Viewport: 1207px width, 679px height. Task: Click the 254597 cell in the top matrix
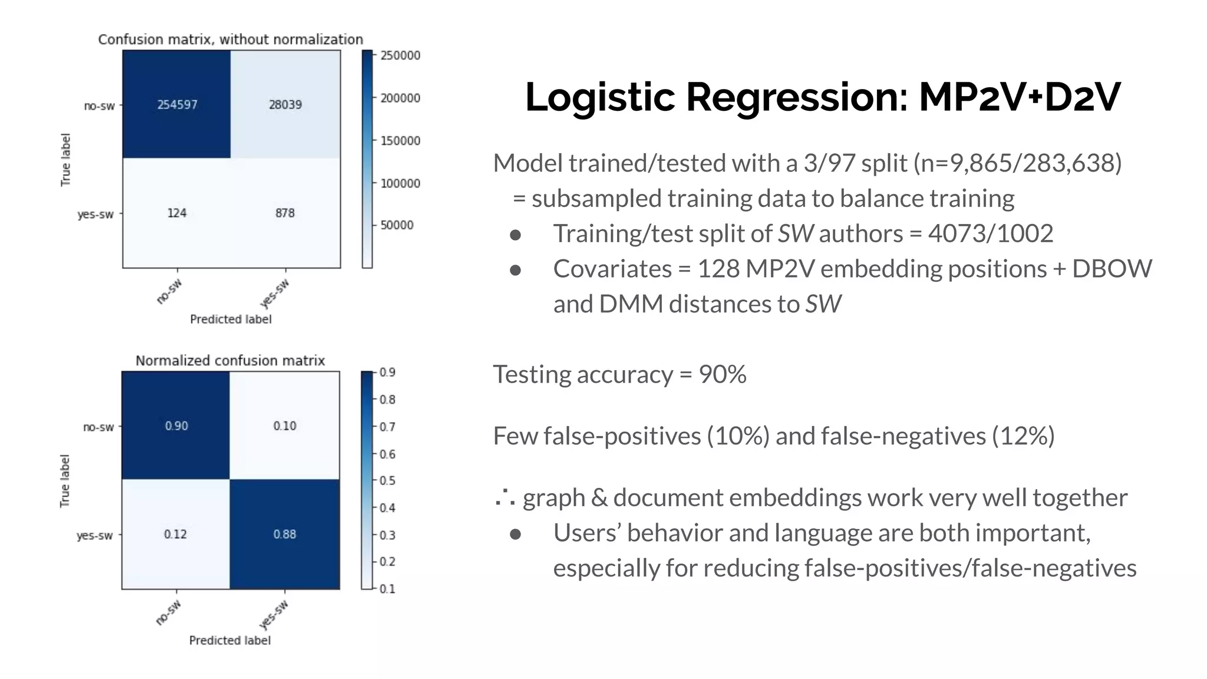(177, 105)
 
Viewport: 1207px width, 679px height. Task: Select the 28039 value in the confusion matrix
(285, 105)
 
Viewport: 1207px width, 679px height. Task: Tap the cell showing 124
(177, 213)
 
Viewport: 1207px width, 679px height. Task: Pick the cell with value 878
(285, 213)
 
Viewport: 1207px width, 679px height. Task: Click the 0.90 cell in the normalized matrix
(176, 426)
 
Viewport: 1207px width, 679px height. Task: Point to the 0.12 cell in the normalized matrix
(175, 534)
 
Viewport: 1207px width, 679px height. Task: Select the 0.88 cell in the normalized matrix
(285, 534)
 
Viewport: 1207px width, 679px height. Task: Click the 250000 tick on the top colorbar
(400, 55)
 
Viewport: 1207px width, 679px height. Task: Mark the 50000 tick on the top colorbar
(397, 225)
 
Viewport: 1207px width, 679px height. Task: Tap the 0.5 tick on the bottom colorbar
(387, 481)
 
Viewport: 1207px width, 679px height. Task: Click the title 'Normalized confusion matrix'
(230, 360)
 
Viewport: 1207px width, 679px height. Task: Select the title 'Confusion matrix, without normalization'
(230, 39)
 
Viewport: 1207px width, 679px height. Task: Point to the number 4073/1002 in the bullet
(990, 233)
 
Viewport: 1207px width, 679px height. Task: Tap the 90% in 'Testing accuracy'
(723, 374)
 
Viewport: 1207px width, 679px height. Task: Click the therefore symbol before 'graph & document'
(505, 499)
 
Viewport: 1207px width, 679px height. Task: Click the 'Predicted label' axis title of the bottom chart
(230, 640)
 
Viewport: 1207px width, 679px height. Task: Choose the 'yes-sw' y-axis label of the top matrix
(95, 214)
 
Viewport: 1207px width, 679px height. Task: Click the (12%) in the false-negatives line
(1023, 436)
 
